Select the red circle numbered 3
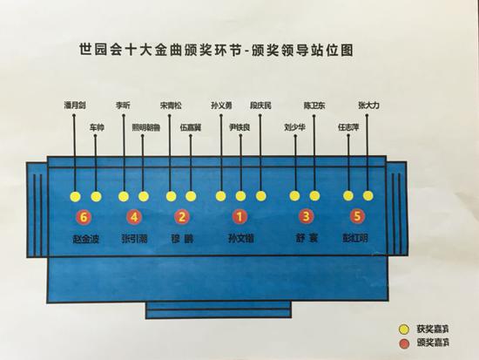point(306,216)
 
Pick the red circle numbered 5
point(355,216)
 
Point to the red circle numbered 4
point(132,216)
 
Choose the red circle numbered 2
point(181,216)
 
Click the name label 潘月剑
point(75,105)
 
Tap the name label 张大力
point(369,105)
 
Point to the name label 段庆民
point(260,105)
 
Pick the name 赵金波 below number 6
point(85,236)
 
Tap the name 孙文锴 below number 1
point(239,236)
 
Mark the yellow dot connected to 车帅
point(97,196)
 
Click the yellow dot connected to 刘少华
point(295,196)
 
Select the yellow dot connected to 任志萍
point(348,196)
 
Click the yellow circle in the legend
point(402,332)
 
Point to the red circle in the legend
point(402,345)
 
